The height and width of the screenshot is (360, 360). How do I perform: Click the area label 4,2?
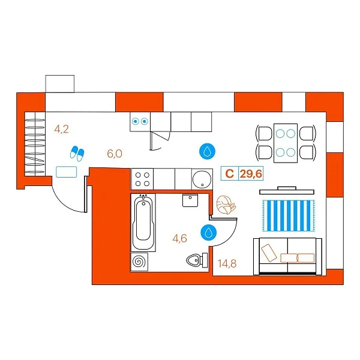point(62,129)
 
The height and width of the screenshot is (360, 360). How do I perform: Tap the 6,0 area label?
point(115,154)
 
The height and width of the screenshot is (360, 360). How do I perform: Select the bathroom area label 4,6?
point(180,238)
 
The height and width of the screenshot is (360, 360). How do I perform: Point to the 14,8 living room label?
point(227,263)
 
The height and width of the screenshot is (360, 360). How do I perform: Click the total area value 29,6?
point(251,174)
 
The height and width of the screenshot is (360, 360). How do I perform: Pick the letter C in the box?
point(230,174)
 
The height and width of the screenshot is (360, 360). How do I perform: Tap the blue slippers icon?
point(77,153)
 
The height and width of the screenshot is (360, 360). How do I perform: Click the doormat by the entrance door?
point(67,172)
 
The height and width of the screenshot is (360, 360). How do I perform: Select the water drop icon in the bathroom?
point(208,232)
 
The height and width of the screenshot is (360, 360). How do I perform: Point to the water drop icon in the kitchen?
point(208,151)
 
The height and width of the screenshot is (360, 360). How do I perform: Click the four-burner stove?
point(142,179)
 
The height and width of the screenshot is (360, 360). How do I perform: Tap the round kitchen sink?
point(202,179)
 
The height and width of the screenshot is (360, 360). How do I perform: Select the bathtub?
point(143,222)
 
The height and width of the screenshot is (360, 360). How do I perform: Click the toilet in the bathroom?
point(197,260)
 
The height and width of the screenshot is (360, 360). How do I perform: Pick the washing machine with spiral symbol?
point(139,262)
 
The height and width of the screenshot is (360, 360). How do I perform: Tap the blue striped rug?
point(289,215)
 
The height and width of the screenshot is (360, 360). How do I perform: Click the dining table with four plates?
point(286,143)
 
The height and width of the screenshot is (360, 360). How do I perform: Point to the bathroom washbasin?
point(190,200)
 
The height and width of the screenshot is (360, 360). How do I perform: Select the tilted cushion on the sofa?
point(269,253)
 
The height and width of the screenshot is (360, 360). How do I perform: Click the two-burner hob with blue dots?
point(140,121)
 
